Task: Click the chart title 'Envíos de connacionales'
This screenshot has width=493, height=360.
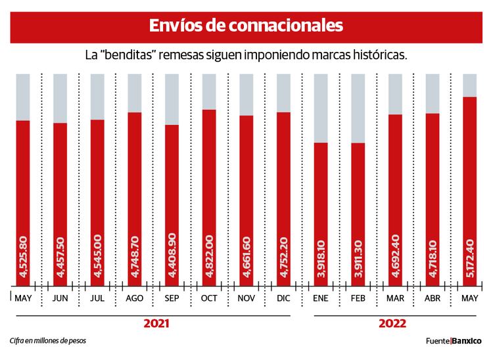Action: [x=246, y=26]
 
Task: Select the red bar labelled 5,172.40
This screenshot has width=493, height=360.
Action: [x=469, y=191]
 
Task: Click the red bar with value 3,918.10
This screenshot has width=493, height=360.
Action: [x=321, y=214]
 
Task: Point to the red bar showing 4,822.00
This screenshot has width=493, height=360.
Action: [x=209, y=197]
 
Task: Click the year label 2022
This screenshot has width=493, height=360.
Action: [x=392, y=324]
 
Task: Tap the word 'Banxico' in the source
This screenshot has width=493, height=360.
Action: [x=467, y=342]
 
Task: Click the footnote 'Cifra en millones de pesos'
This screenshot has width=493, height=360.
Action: [x=48, y=341]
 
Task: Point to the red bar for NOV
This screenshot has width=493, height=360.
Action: [x=246, y=200]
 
